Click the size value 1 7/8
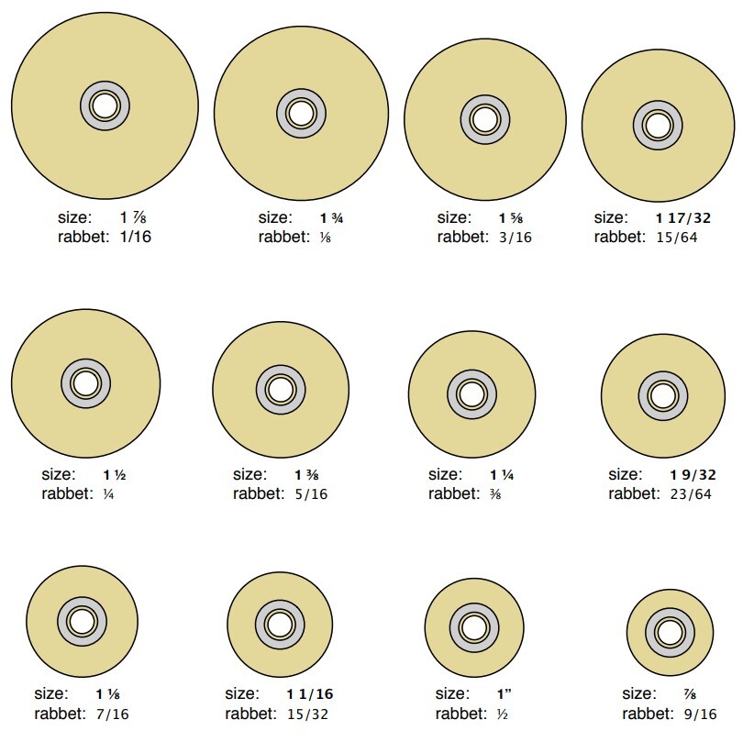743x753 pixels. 133,217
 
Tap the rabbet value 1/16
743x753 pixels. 135,237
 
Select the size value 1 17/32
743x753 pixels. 683,218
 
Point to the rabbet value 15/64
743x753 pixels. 676,238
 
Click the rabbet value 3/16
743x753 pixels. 515,238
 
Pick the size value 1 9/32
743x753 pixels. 693,475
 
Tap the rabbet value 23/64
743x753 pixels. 690,494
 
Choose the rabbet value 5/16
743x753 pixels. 311,494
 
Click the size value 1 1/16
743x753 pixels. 310,694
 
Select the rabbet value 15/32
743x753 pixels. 307,714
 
